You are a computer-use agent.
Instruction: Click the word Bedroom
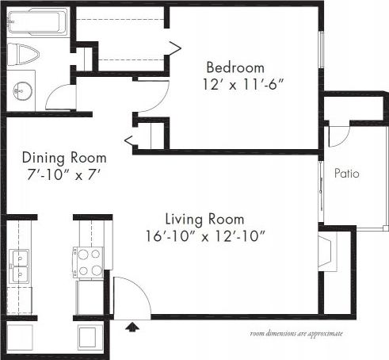point(235,67)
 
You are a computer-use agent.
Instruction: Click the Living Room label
point(204,219)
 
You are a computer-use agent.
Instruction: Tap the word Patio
point(348,173)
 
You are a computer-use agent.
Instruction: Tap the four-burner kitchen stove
point(88,262)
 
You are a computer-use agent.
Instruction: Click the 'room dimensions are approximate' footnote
point(296,334)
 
